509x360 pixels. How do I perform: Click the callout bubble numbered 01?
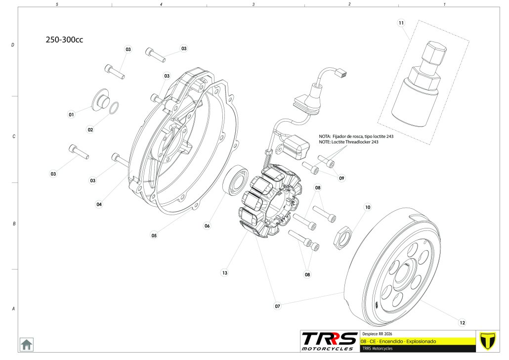click(x=71, y=114)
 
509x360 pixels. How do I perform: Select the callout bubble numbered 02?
click(x=90, y=130)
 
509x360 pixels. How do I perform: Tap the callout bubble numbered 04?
click(x=99, y=204)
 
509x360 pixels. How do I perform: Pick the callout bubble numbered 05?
click(x=154, y=235)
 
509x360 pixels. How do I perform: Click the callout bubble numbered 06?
click(x=207, y=225)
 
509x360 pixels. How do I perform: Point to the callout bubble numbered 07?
click(x=278, y=306)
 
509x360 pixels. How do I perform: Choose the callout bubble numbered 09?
click(x=341, y=178)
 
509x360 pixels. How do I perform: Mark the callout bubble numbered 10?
click(x=367, y=207)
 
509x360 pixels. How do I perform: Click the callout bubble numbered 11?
click(x=401, y=23)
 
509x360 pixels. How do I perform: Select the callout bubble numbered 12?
click(x=462, y=323)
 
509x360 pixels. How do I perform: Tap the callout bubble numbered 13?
click(x=224, y=272)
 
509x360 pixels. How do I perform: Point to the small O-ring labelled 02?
click(x=113, y=108)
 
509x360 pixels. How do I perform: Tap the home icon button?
click(x=26, y=344)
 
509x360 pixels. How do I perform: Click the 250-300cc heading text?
click(x=64, y=40)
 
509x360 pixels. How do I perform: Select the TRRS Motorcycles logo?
click(x=330, y=341)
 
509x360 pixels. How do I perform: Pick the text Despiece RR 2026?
click(x=377, y=333)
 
